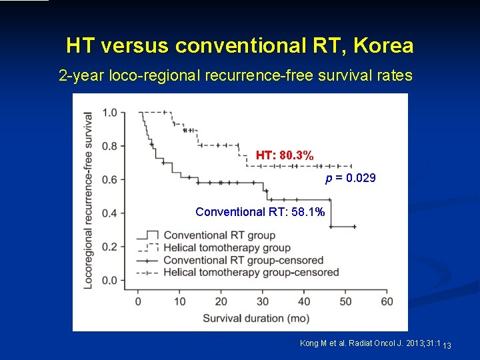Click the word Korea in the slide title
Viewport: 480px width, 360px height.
tap(384, 45)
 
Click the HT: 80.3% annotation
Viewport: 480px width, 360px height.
tap(285, 155)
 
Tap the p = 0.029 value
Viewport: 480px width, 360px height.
tap(351, 178)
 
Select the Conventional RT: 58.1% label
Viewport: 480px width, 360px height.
tap(260, 212)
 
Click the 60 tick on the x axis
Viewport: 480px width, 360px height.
tap(387, 301)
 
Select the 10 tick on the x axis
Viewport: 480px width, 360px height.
tap(179, 301)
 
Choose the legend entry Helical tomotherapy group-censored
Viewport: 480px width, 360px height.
tap(251, 272)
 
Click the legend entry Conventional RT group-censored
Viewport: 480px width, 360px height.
tap(243, 260)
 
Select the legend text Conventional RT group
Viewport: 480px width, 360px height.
tap(219, 235)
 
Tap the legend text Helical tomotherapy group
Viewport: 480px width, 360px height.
tap(227, 247)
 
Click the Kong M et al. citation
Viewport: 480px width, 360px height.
tap(370, 343)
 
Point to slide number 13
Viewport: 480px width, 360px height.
tap(447, 345)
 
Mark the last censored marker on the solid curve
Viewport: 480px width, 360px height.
tap(355, 227)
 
